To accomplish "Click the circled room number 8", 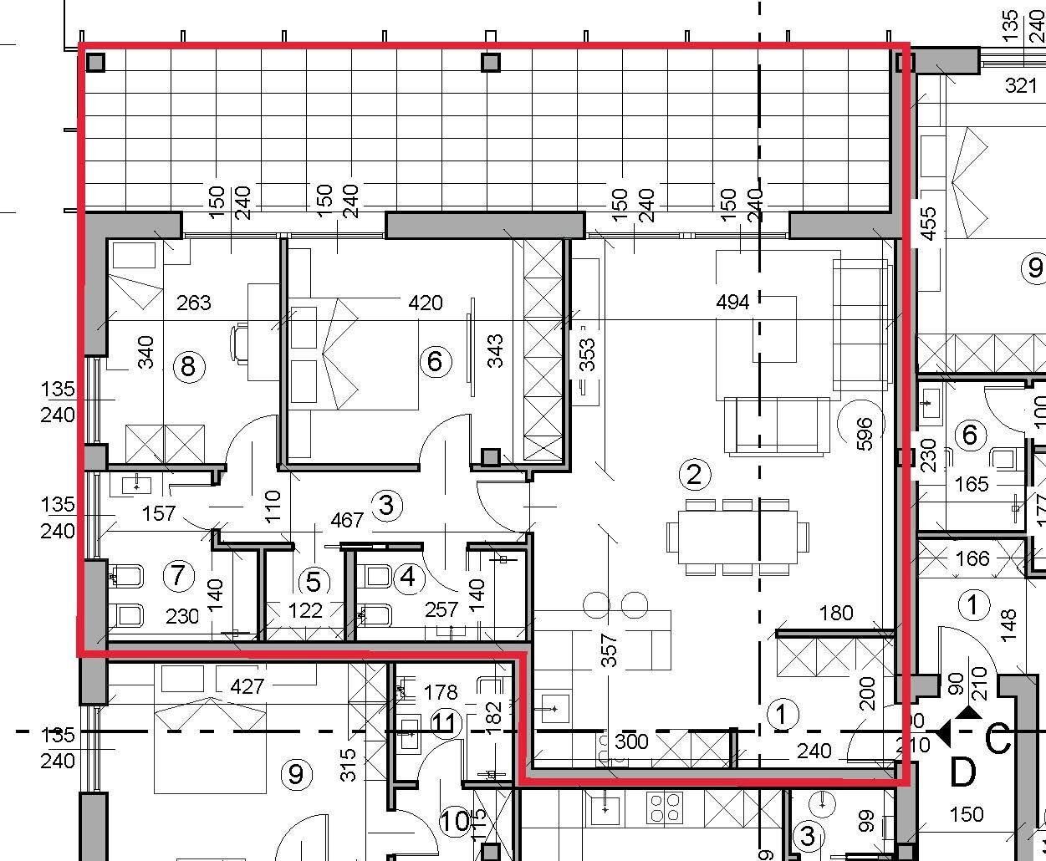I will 188,366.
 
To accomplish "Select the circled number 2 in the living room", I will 694,475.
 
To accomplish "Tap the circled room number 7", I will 178,575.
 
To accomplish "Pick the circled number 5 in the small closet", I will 314,582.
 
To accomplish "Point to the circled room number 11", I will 446,722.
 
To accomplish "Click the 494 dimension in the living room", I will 732,302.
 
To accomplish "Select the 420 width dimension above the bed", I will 425,302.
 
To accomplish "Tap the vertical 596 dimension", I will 865,433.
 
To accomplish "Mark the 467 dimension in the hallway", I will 346,520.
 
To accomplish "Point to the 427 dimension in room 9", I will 247,686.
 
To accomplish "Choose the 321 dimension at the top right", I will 1020,84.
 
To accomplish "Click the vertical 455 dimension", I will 928,223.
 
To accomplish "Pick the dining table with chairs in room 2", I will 737,536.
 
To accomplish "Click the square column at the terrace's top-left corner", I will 96,63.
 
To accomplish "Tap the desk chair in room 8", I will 241,344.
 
